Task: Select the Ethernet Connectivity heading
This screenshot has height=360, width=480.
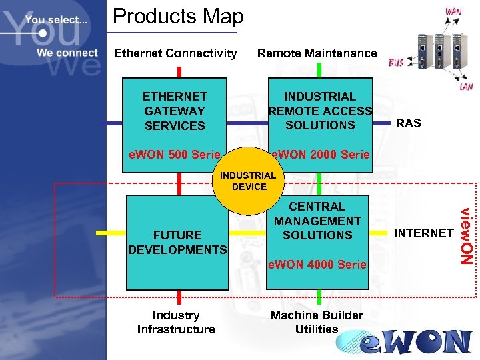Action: tap(175, 53)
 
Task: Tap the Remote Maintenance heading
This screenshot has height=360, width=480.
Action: tap(317, 53)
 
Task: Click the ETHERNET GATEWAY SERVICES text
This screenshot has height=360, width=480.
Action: tap(175, 111)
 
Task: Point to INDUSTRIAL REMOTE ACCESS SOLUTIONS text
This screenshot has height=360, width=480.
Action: tap(320, 111)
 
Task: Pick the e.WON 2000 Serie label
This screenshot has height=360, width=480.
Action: tap(320, 155)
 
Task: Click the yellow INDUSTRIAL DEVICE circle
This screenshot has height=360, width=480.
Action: tap(249, 181)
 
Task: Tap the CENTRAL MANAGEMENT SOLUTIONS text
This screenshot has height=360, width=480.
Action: tap(317, 221)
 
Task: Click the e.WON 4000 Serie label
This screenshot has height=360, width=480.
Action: tap(317, 265)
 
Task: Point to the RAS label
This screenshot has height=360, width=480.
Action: tap(408, 123)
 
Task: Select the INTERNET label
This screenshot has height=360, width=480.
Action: tap(423, 233)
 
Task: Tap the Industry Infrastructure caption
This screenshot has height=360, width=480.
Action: tap(176, 322)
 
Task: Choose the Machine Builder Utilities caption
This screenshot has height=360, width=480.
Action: tap(317, 322)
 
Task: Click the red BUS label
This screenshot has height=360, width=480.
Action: tap(396, 62)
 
